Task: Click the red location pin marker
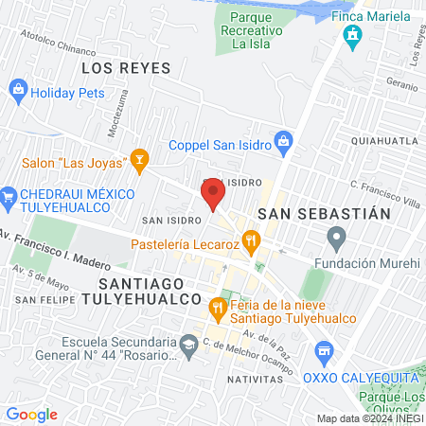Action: click(213, 195)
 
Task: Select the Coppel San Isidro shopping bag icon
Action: click(283, 144)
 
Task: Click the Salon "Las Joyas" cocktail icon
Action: click(140, 161)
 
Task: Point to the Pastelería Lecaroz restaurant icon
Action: click(250, 241)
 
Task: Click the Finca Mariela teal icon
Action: click(352, 38)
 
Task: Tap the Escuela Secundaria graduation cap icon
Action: click(189, 342)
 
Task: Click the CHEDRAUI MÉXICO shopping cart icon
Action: click(10, 195)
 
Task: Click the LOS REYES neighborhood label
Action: click(126, 68)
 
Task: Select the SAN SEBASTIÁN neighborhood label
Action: click(324, 213)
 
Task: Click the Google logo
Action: click(32, 414)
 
